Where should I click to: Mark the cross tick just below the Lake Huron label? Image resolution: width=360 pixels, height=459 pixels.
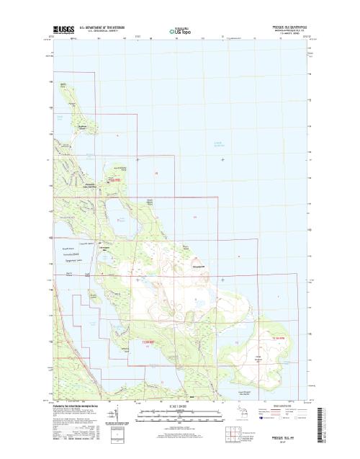pyautogui.click(x=222, y=159)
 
